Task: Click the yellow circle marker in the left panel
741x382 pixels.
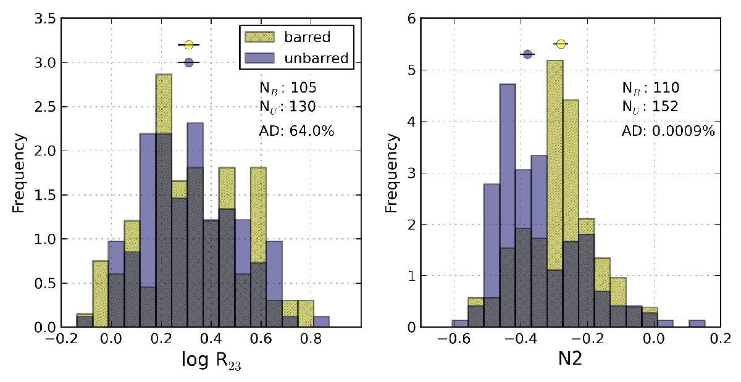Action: tap(189, 44)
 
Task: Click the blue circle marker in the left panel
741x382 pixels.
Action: tap(189, 62)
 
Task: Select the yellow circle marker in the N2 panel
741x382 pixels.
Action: tap(561, 44)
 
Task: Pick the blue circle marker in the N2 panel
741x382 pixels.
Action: tap(527, 54)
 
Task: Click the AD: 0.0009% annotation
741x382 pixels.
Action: tap(668, 130)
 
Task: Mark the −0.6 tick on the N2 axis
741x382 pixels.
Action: tap(451, 338)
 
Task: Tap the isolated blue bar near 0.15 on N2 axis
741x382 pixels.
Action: tap(697, 323)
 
